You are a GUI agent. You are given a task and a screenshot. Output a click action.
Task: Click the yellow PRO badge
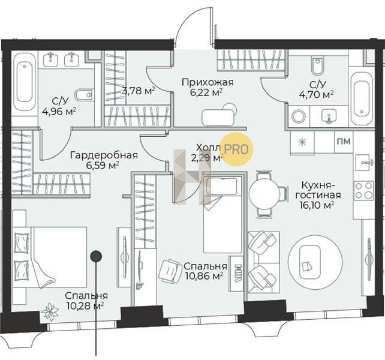click(x=236, y=149)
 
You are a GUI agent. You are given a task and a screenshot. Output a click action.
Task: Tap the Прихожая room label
click(x=207, y=82)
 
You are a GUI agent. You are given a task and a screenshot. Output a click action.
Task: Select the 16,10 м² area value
click(x=317, y=205)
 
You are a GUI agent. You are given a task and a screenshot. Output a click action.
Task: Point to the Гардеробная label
click(x=104, y=155)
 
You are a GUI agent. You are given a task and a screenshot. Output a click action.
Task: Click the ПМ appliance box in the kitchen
click(x=344, y=141)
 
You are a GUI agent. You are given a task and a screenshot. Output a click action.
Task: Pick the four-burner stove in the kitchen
click(x=363, y=191)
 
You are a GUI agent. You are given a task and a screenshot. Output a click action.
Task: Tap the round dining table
click(x=264, y=194)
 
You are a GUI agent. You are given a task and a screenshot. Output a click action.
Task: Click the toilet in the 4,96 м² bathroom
click(x=83, y=95)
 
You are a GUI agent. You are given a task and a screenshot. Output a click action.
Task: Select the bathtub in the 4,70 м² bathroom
click(x=362, y=99)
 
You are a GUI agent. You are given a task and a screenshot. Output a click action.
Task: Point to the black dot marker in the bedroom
click(x=96, y=256)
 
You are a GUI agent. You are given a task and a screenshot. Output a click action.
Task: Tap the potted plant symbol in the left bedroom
click(x=50, y=311)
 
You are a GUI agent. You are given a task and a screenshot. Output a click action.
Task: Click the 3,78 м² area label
click(x=139, y=91)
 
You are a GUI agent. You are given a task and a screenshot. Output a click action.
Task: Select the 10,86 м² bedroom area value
click(x=204, y=276)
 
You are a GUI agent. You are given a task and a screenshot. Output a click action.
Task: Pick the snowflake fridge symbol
click(x=302, y=143)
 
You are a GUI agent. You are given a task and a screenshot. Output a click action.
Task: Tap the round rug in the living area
click(x=315, y=262)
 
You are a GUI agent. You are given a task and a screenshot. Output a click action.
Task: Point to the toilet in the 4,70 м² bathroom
click(x=317, y=65)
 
